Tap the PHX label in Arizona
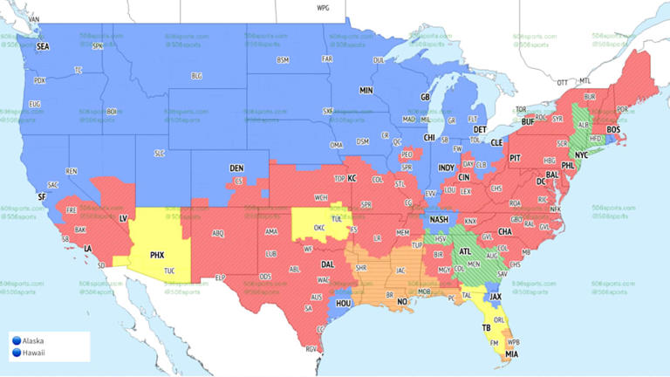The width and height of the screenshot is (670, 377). pos(157,255)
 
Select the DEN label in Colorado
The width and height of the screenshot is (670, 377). pos(236,168)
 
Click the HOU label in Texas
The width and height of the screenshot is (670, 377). pos(343,303)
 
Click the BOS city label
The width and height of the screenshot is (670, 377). pos(613,130)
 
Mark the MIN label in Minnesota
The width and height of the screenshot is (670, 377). pos(366,90)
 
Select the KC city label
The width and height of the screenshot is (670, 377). pos(353,177)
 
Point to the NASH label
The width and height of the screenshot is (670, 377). pos(438,219)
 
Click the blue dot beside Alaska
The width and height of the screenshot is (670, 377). pos(16,340)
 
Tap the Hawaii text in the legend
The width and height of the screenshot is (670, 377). pos(36,353)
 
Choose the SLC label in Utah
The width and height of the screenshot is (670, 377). pos(159,153)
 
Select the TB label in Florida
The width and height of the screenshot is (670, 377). pos(485,328)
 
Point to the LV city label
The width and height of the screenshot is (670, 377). pos(123,216)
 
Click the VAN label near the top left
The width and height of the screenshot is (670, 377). pos(34,18)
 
